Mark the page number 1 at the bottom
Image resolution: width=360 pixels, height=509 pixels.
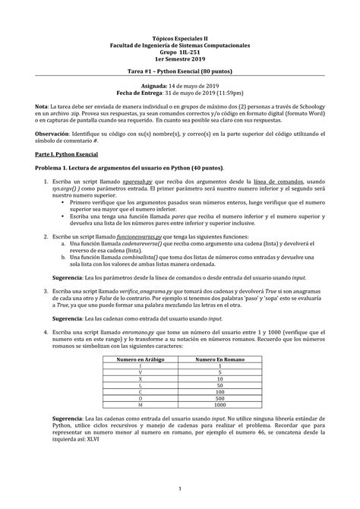180,488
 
